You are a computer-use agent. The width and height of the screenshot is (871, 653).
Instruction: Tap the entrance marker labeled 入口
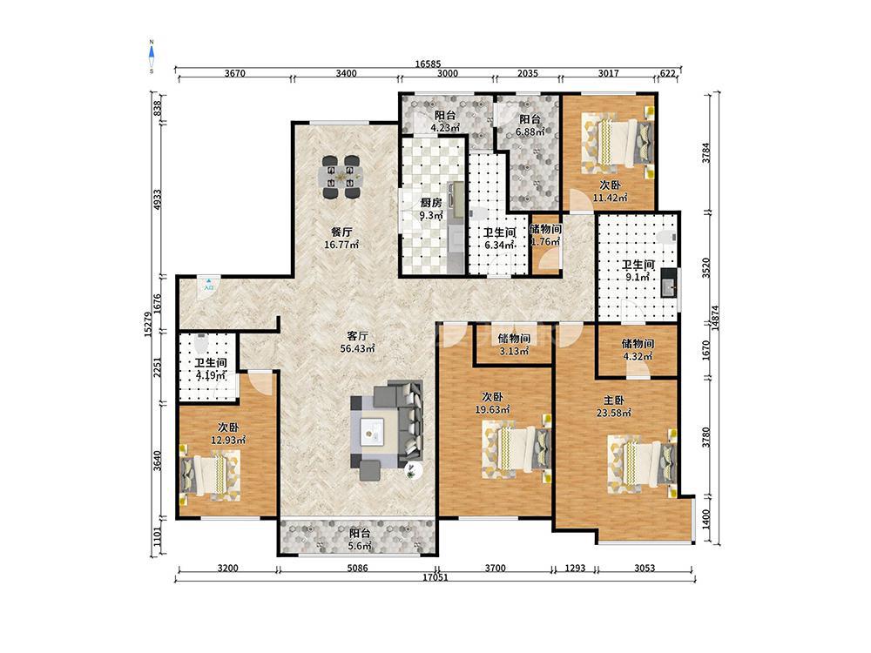[x=208, y=285]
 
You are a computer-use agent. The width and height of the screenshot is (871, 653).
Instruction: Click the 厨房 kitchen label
[x=430, y=203]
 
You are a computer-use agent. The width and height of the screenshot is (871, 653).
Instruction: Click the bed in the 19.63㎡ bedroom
[x=517, y=448]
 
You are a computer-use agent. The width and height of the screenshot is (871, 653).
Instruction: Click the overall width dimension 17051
[x=435, y=577]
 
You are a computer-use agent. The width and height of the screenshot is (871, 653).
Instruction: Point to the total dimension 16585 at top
[x=428, y=64]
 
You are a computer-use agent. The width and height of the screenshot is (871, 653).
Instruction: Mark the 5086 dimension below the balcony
[x=357, y=568]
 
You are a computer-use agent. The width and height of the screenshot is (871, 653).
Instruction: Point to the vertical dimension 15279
[x=147, y=323]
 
